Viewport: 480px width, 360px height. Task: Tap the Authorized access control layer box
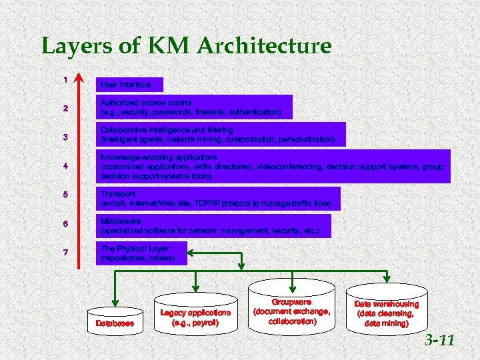point(194,107)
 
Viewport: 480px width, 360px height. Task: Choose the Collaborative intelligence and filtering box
point(221,134)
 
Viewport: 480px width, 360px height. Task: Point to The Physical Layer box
point(141,253)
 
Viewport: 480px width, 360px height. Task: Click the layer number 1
point(65,80)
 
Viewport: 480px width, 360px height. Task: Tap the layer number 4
point(65,166)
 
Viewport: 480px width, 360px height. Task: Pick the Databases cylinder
point(115,321)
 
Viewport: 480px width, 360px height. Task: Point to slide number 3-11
point(440,341)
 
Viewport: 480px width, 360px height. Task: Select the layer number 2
point(65,109)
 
